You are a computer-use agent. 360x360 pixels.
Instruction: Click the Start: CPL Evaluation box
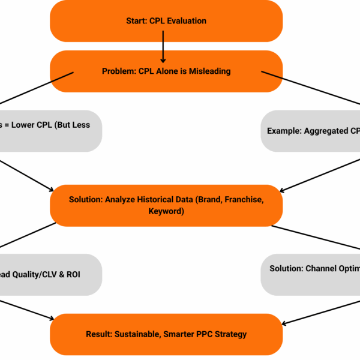pyautogui.click(x=166, y=21)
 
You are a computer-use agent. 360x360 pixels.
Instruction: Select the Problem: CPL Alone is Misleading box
pyautogui.click(x=166, y=71)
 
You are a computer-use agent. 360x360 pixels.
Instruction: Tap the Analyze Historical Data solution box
pyautogui.click(x=166, y=205)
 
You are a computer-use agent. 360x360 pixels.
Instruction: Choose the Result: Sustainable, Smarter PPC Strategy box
pyautogui.click(x=166, y=334)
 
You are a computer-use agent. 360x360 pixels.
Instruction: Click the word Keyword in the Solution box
pyautogui.click(x=166, y=211)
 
